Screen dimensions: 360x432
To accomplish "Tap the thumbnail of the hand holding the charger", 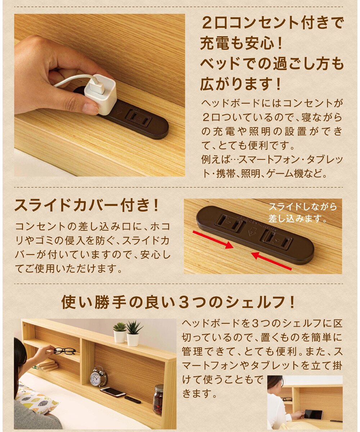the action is tap(99, 95).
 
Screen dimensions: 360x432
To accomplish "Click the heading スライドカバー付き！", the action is tap(87, 205).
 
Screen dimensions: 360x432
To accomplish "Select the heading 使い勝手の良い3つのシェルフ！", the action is tap(178, 302).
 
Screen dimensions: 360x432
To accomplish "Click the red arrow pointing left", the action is tap(272, 261).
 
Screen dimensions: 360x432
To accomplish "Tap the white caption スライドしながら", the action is tap(303, 207).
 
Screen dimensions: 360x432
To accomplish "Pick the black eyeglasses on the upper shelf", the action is tap(64, 351).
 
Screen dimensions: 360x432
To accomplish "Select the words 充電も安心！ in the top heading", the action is tap(242, 44).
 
